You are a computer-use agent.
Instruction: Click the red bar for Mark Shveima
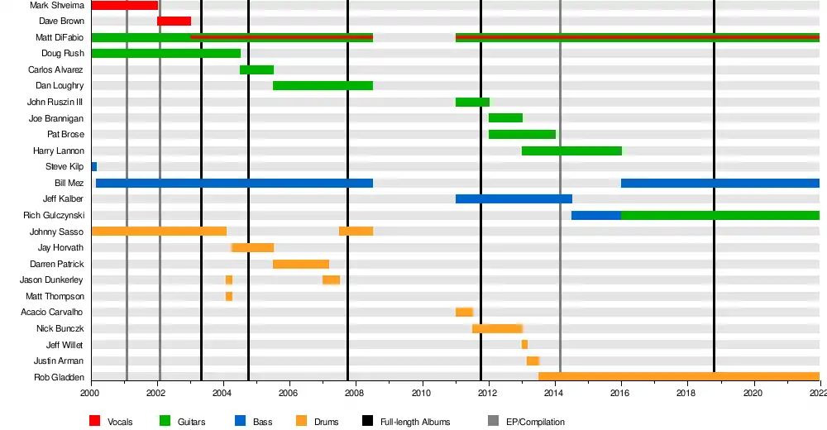pyautogui.click(x=125, y=5)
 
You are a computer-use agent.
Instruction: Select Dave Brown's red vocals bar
pyautogui.click(x=174, y=21)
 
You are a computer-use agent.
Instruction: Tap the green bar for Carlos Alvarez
pyautogui.click(x=257, y=69)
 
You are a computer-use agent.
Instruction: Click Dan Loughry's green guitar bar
pyautogui.click(x=323, y=85)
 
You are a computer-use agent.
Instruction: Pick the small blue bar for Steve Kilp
pyautogui.click(x=94, y=167)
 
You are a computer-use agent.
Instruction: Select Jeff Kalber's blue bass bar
pyautogui.click(x=514, y=199)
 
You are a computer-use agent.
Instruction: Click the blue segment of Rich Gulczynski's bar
pyautogui.click(x=596, y=215)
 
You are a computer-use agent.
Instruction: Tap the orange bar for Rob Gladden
pyautogui.click(x=679, y=377)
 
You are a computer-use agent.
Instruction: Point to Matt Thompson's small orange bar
pyautogui.click(x=229, y=297)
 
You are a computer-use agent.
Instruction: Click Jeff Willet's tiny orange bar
pyautogui.click(x=524, y=345)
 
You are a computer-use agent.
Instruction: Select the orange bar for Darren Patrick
pyautogui.click(x=301, y=264)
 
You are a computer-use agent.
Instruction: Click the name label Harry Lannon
pyautogui.click(x=59, y=150)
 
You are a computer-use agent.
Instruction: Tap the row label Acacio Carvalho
pyautogui.click(x=51, y=313)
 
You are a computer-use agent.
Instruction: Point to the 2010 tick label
pyautogui.click(x=422, y=393)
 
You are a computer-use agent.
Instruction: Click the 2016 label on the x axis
pyautogui.click(x=620, y=393)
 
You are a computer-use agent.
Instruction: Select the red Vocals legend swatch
pyautogui.click(x=95, y=421)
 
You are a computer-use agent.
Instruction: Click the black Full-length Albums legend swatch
pyautogui.click(x=368, y=421)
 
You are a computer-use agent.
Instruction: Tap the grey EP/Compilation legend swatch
pyautogui.click(x=493, y=421)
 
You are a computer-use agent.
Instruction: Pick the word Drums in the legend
pyautogui.click(x=327, y=422)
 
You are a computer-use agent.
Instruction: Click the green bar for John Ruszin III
pyautogui.click(x=472, y=102)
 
